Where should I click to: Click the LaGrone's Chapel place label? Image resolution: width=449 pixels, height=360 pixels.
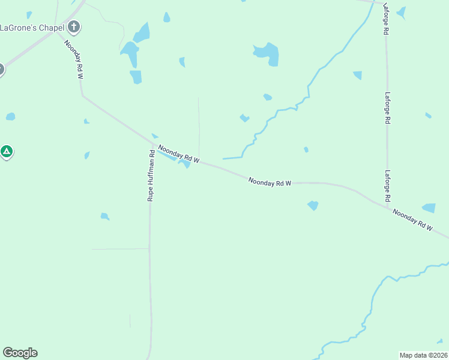32,27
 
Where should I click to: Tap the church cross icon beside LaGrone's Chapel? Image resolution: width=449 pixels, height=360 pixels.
74,26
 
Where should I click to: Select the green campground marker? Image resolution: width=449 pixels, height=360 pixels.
6,152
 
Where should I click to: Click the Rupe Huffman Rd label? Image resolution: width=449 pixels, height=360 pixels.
152,175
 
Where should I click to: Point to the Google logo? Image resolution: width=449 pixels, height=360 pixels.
20,353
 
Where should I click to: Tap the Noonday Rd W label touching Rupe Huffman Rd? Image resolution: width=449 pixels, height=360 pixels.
178,153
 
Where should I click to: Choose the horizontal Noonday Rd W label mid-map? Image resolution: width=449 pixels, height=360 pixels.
270,182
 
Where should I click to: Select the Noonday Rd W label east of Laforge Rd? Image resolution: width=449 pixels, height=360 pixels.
412,220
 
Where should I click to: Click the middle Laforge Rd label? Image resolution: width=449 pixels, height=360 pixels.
388,108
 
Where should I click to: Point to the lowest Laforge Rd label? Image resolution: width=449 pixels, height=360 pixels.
388,185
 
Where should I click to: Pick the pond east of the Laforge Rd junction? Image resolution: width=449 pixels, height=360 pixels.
429,208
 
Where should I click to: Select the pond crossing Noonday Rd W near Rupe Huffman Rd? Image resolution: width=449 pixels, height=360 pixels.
185,163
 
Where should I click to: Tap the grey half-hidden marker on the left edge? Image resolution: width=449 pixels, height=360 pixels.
1,69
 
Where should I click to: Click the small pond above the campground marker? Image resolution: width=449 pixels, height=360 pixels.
10,116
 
